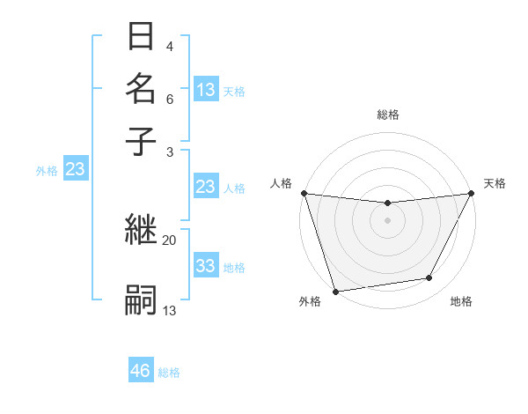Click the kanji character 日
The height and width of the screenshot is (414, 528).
[x=141, y=38]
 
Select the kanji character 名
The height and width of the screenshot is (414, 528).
[x=141, y=88]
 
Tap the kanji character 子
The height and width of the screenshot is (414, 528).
[x=141, y=140]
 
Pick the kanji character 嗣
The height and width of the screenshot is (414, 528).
[x=141, y=300]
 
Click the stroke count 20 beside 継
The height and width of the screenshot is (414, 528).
[x=169, y=240]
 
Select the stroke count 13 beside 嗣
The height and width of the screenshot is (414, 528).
[x=169, y=310]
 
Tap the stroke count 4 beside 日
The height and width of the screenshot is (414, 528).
[x=169, y=46]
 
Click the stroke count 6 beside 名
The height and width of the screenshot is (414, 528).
[x=169, y=99]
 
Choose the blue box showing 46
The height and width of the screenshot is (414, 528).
[x=140, y=371]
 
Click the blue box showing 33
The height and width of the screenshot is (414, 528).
[x=205, y=266]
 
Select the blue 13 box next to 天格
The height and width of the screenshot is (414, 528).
[x=205, y=90]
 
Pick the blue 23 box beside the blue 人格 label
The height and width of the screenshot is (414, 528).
[x=205, y=187]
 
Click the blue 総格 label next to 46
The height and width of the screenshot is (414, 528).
[x=169, y=373]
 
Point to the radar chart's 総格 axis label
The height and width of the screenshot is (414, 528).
[x=387, y=115]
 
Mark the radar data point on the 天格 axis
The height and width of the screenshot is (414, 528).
[x=472, y=194]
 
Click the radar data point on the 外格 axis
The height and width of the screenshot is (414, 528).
[x=335, y=292]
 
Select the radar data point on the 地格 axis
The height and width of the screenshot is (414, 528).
[x=429, y=278]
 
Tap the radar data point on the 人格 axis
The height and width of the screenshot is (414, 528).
[x=304, y=193]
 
